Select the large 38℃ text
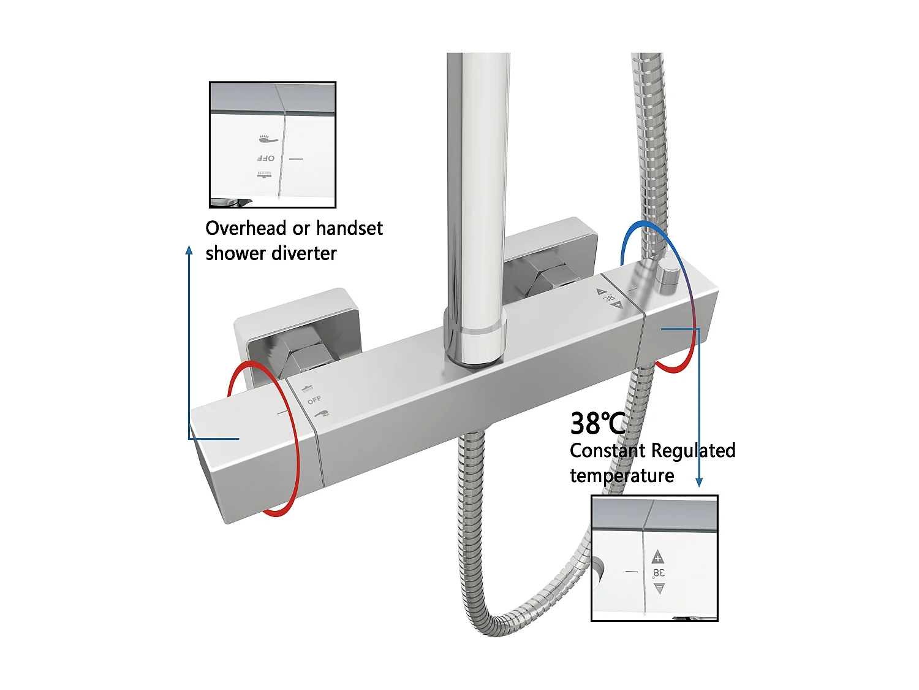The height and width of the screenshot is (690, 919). coord(597,423)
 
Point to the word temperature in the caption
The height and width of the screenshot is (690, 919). coord(622,476)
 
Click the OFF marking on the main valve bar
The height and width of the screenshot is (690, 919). coord(314,400)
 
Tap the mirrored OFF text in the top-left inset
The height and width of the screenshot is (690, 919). coord(265,158)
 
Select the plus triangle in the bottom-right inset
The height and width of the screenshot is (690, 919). coord(658,557)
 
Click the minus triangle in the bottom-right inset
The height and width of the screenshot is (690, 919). coord(659,589)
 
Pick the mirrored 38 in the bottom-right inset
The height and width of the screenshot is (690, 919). coord(659,573)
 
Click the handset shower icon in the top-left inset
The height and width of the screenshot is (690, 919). coord(268,140)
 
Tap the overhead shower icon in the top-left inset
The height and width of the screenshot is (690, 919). coord(265,175)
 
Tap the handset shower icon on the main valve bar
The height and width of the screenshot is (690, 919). coord(321,415)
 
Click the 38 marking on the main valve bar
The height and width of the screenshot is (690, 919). coord(609,298)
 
